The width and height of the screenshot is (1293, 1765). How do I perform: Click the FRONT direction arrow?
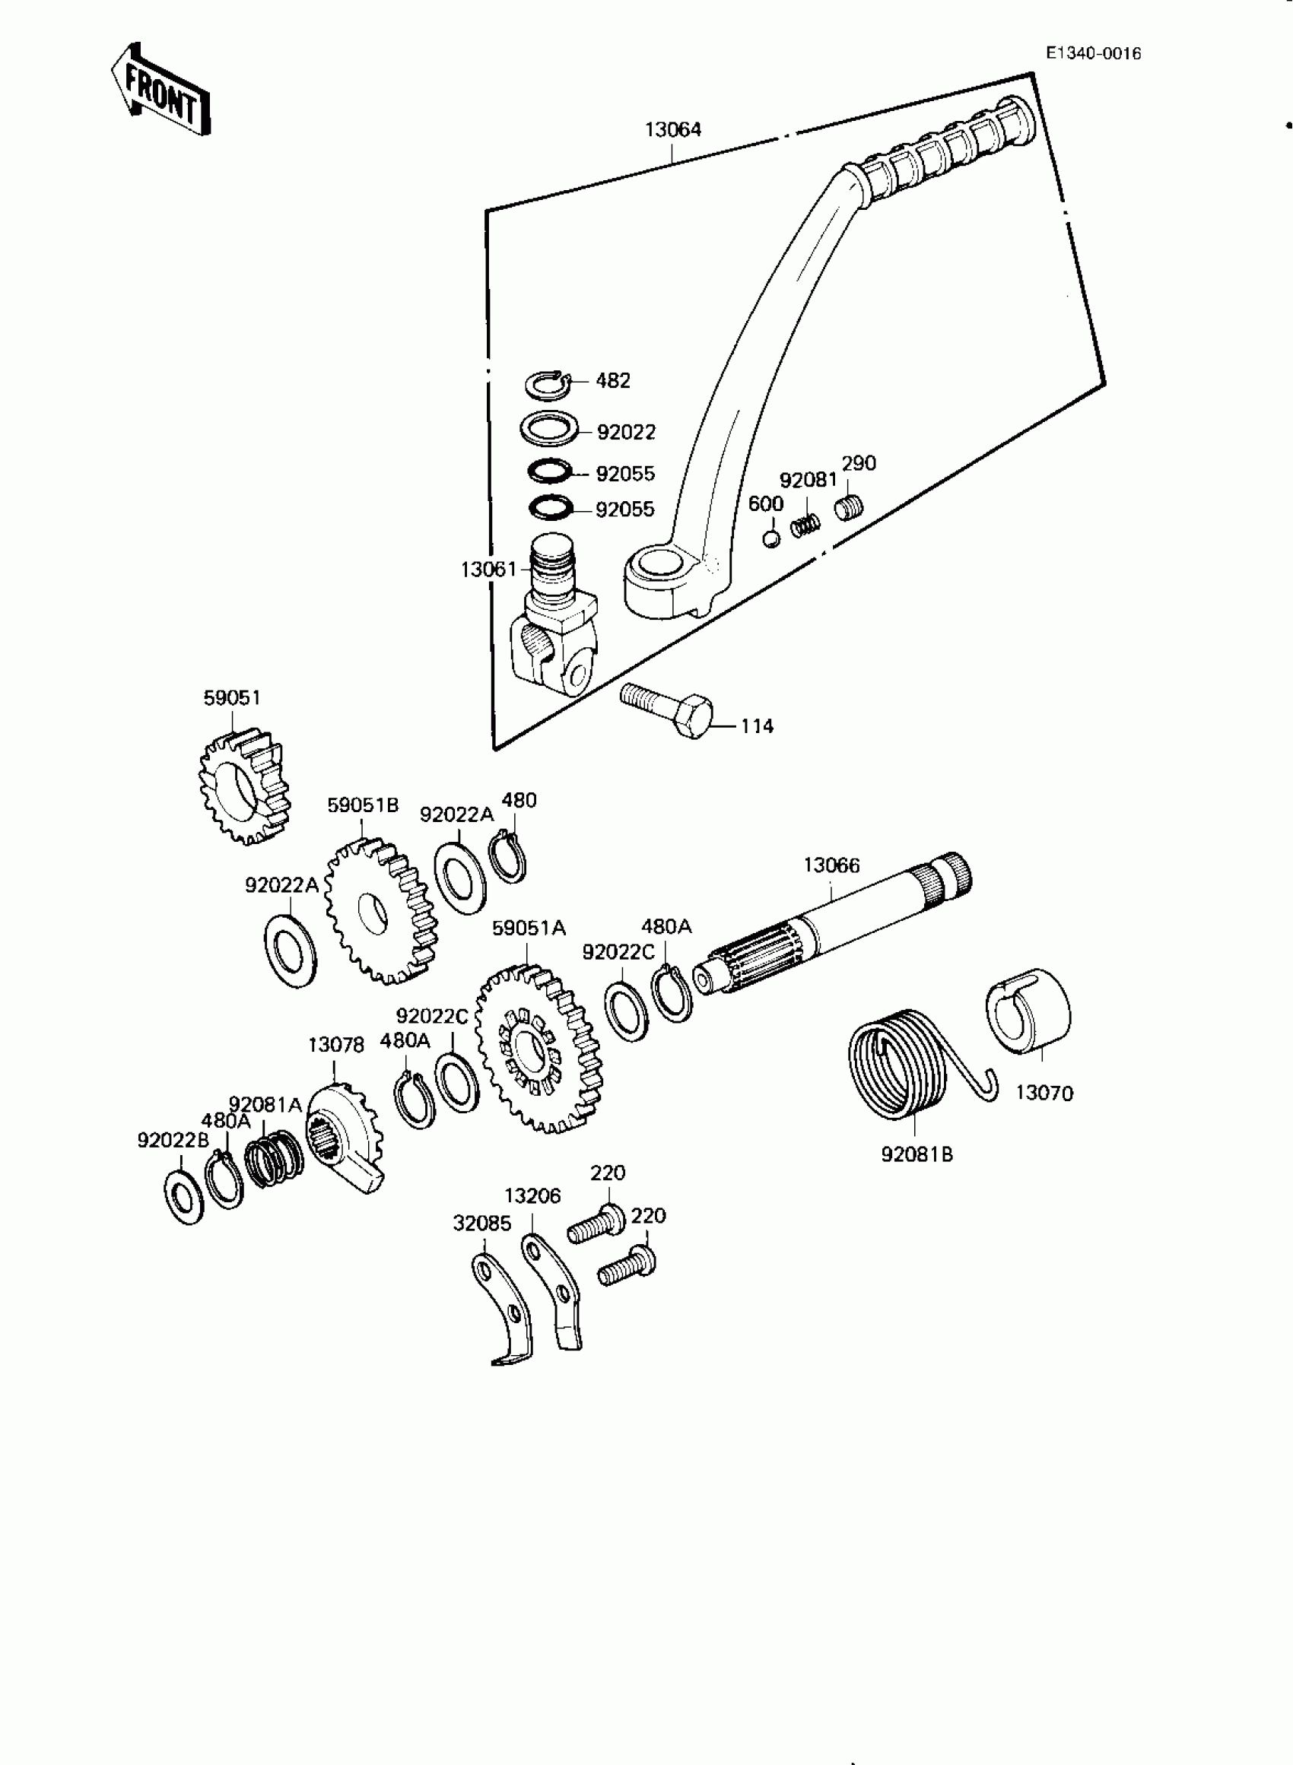click(x=160, y=89)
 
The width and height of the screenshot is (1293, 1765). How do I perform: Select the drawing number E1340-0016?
click(x=1094, y=53)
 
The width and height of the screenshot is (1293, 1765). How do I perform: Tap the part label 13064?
click(x=672, y=129)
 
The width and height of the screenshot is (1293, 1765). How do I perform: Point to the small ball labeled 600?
click(x=772, y=538)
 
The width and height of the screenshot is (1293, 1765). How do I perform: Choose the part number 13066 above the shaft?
click(x=831, y=865)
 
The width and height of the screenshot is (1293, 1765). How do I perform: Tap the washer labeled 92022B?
click(x=185, y=1196)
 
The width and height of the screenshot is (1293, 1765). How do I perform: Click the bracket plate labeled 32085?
click(x=501, y=1306)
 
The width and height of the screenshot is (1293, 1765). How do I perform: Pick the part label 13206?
click(x=532, y=1195)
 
